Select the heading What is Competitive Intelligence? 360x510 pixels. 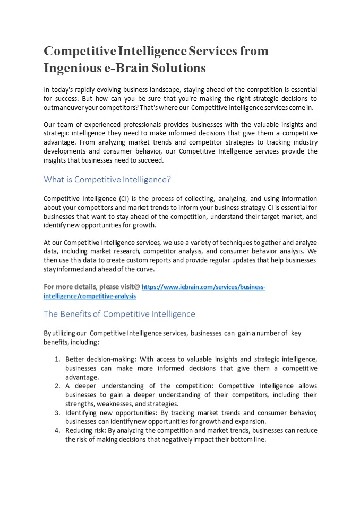(107, 179)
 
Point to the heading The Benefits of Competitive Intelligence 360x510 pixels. (119, 314)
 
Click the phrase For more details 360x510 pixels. (69, 287)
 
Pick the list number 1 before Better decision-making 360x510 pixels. (57, 360)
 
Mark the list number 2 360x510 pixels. (57, 386)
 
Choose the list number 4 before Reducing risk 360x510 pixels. (57, 431)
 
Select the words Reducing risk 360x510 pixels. (85, 431)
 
